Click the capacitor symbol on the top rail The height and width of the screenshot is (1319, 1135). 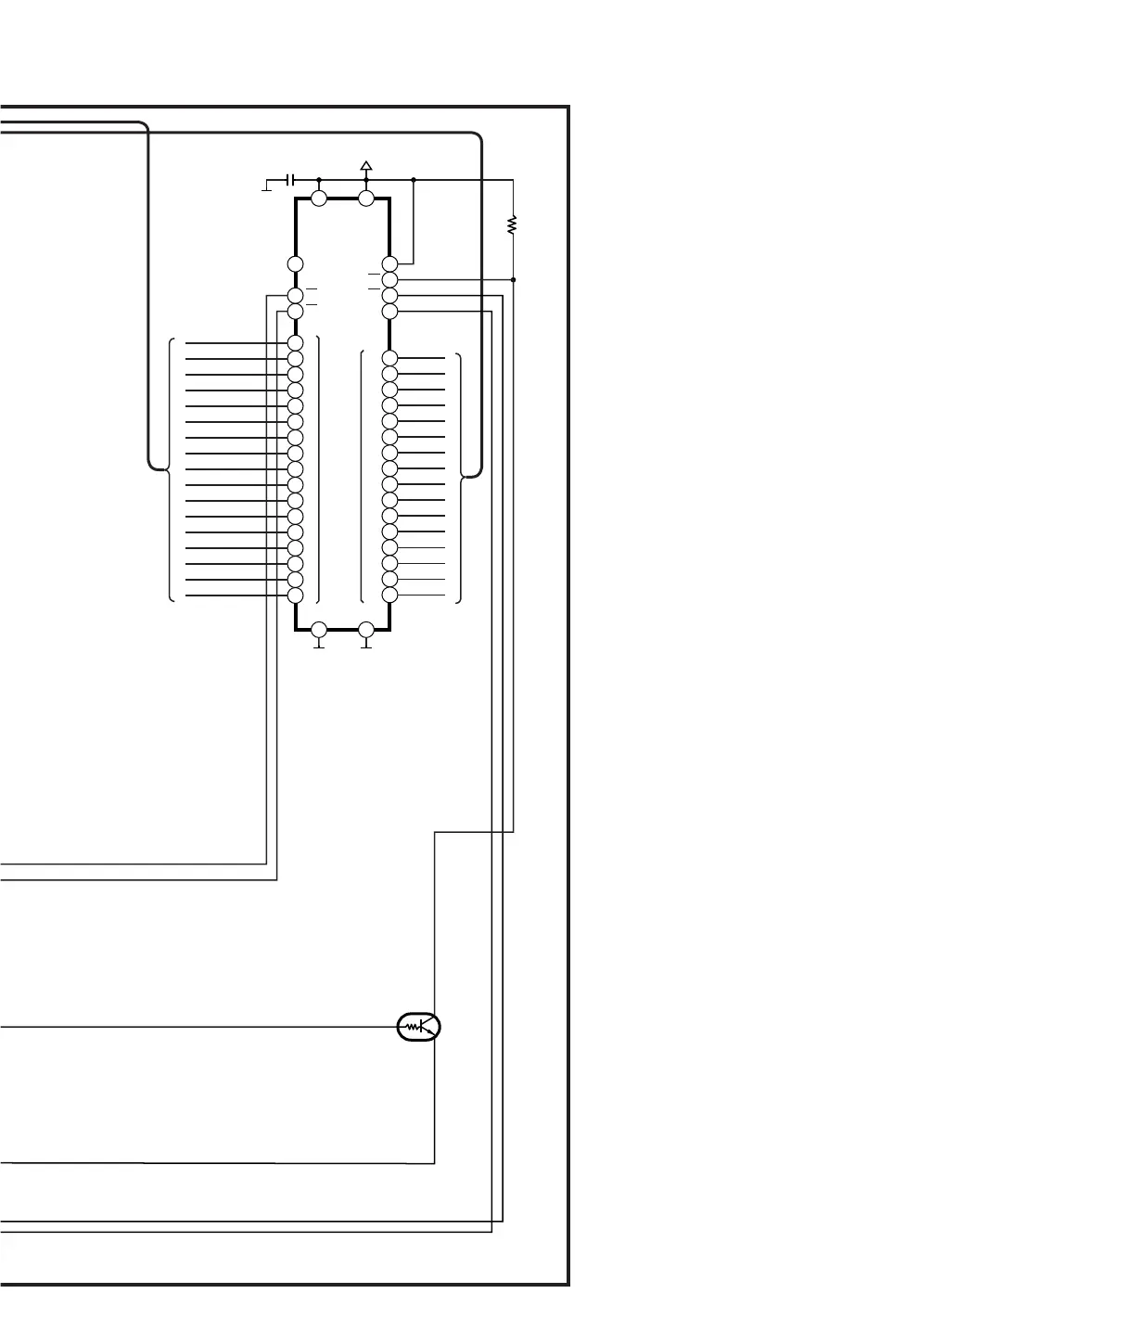[x=290, y=179]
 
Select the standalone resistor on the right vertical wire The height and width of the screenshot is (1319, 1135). [x=513, y=224]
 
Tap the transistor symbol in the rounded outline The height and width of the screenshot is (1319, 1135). [x=419, y=1027]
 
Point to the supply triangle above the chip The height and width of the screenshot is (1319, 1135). [x=366, y=166]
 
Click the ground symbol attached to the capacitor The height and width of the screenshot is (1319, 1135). [x=267, y=188]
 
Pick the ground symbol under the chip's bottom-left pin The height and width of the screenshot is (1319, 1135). [x=319, y=646]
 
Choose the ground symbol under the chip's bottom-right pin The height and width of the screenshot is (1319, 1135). [x=366, y=646]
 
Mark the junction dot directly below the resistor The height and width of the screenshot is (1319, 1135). [x=513, y=279]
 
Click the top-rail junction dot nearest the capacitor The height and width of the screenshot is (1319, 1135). [x=319, y=180]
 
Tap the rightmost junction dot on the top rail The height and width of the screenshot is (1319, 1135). [x=413, y=180]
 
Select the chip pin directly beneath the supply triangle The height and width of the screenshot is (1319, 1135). [x=366, y=198]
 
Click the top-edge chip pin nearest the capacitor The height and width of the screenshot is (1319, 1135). [x=319, y=198]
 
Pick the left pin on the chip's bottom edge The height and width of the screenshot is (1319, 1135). [x=319, y=630]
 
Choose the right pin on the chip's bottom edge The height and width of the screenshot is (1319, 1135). [x=366, y=630]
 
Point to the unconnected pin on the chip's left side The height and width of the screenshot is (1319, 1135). [x=296, y=264]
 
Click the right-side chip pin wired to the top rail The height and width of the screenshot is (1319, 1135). [x=389, y=264]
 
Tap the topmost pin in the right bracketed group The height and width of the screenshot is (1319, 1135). [x=389, y=358]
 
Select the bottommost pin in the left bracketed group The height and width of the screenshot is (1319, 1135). [x=296, y=595]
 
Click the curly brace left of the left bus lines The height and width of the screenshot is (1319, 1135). [x=170, y=470]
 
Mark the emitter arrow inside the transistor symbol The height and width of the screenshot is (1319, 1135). [x=429, y=1031]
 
